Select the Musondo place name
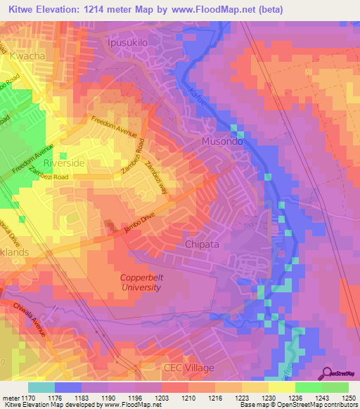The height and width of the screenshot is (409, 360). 222,141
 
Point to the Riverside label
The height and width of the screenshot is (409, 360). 63,162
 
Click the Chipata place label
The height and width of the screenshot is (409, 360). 202,244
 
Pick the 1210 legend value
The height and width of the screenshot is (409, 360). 188,397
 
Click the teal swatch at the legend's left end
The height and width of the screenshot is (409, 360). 41,387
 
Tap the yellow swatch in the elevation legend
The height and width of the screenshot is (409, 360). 281,387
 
